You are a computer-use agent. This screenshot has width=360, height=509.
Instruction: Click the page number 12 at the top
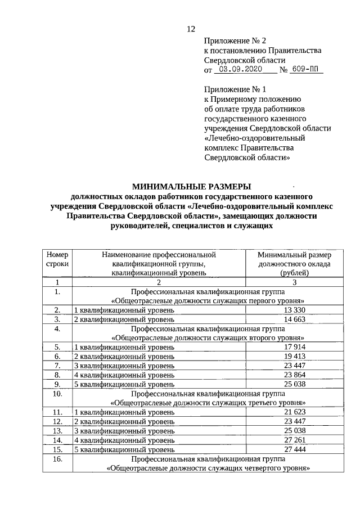click(x=190, y=30)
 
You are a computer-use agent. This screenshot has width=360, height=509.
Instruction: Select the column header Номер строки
click(x=57, y=259)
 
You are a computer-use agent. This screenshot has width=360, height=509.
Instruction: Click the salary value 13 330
click(x=295, y=310)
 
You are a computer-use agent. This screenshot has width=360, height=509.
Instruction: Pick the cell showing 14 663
click(x=295, y=319)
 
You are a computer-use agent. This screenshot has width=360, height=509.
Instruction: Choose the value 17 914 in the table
click(x=295, y=347)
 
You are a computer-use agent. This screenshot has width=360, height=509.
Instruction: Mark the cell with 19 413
click(x=295, y=356)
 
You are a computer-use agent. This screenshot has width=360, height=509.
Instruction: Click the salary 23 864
click(x=295, y=375)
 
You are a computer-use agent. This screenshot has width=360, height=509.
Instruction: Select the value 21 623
click(x=295, y=412)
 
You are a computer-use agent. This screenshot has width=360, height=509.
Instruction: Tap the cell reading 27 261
click(x=295, y=440)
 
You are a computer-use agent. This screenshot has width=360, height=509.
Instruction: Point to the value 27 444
click(x=295, y=449)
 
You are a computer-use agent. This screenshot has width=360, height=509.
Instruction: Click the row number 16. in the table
click(x=57, y=459)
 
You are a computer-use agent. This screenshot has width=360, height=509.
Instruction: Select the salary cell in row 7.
click(x=295, y=366)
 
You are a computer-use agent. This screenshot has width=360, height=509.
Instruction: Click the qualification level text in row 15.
click(x=124, y=449)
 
